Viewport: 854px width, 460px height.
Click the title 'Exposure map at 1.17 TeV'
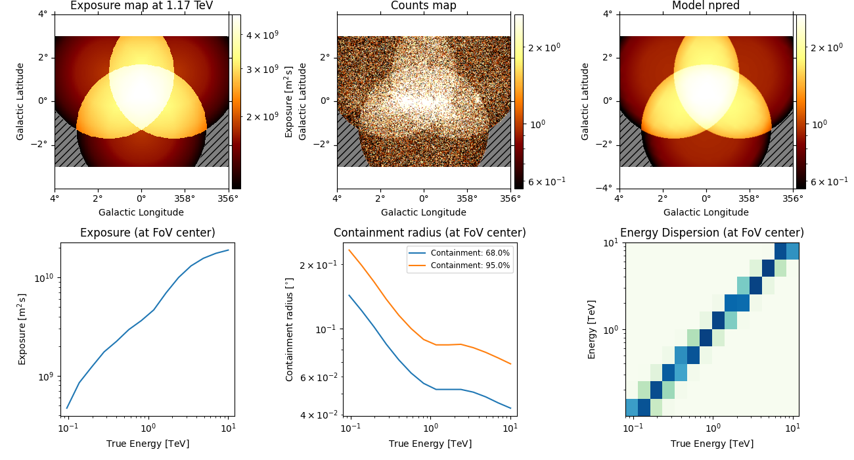click(141, 6)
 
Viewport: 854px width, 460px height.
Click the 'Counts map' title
click(424, 6)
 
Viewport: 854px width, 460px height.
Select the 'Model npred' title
click(706, 6)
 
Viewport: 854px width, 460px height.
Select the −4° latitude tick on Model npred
click(606, 189)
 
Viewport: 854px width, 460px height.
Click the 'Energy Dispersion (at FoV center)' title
click(712, 233)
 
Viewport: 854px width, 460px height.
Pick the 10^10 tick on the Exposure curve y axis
click(45, 279)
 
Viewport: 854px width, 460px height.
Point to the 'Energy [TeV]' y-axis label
click(592, 329)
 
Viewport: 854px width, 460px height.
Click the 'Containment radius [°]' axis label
click(290, 329)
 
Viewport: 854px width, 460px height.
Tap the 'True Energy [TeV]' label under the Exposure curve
click(148, 444)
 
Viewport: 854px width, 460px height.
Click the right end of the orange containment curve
click(510, 364)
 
